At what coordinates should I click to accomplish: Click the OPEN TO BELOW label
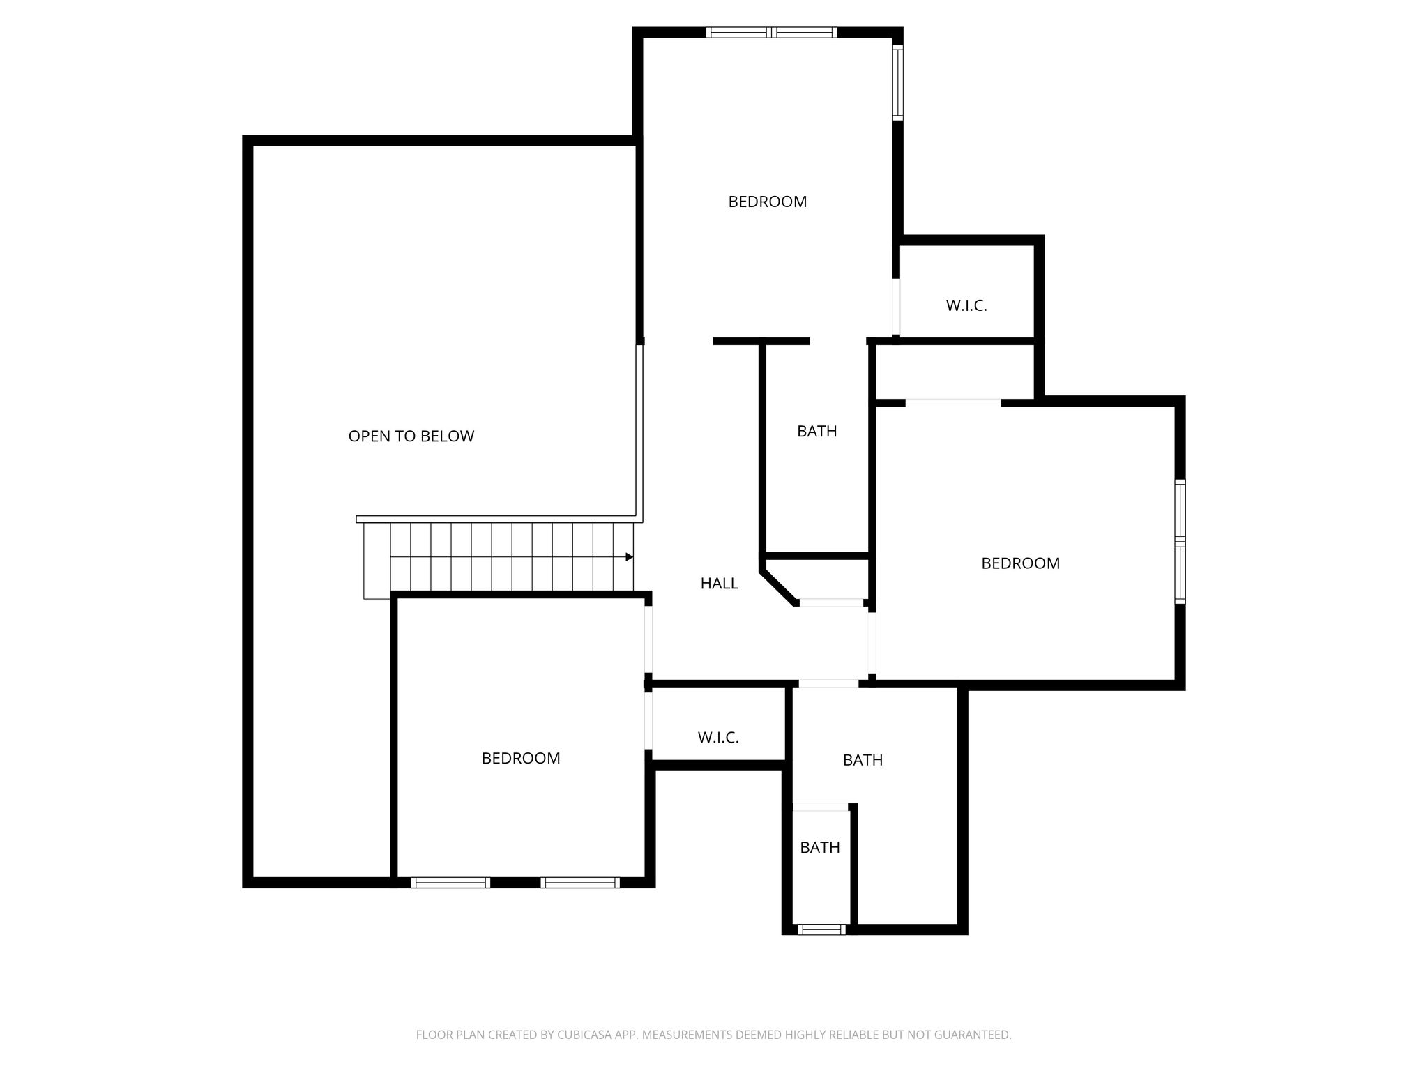click(411, 436)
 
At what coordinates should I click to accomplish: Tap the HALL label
click(720, 584)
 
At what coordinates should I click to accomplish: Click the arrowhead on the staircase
click(629, 557)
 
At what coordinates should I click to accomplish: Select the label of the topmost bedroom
click(768, 202)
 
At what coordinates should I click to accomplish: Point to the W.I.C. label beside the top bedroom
click(966, 305)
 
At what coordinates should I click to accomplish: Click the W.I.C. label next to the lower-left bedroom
click(718, 738)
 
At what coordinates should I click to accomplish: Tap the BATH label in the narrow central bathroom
click(817, 432)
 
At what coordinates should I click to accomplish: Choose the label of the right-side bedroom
click(1021, 563)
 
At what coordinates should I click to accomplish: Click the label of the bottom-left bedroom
click(521, 759)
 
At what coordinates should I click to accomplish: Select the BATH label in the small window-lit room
click(820, 848)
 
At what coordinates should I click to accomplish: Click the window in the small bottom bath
click(821, 929)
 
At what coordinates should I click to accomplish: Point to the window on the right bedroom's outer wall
click(1180, 541)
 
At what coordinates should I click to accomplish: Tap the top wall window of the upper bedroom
click(771, 32)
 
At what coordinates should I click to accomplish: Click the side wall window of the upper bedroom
click(898, 82)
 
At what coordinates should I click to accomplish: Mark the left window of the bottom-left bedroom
click(450, 883)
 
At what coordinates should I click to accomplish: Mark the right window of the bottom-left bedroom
click(580, 883)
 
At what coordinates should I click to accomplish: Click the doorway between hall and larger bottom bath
click(828, 683)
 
